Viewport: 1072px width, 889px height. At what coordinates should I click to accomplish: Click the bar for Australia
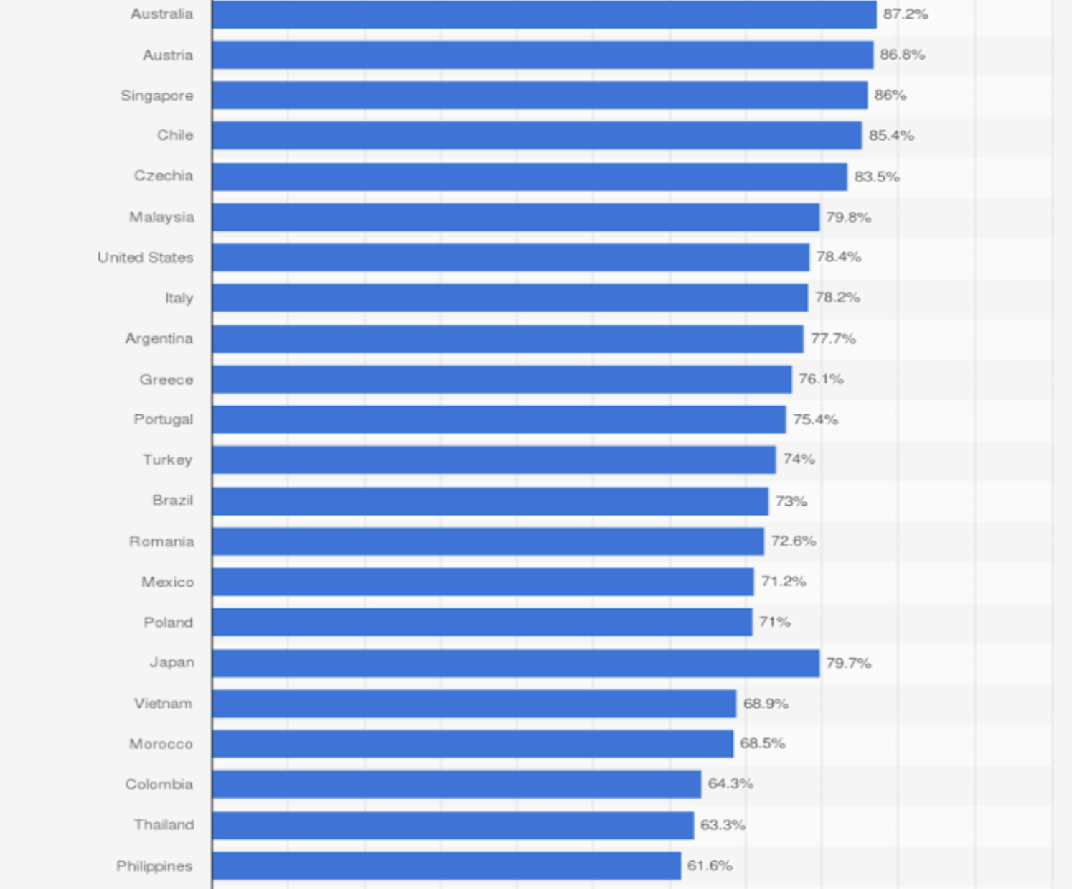click(544, 14)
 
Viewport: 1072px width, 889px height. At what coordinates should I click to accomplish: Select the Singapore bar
click(540, 95)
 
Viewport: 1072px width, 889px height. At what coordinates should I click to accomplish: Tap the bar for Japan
click(516, 663)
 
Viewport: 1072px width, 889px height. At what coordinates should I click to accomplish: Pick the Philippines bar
click(446, 866)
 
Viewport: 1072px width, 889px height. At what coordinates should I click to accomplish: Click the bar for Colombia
click(457, 784)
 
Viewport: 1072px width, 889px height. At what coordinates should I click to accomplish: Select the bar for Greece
click(502, 379)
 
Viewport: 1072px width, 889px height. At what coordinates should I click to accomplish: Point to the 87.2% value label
click(906, 14)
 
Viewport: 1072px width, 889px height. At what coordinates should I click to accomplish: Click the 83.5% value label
click(877, 177)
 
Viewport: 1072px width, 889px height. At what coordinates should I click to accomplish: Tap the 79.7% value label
click(849, 663)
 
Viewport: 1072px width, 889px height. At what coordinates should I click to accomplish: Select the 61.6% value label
click(710, 866)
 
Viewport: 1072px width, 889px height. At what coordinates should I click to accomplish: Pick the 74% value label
click(799, 459)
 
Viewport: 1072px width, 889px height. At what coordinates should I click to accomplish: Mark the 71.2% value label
click(784, 581)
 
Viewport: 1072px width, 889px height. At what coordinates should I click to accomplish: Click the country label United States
click(146, 258)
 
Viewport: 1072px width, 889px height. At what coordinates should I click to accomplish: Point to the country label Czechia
click(164, 176)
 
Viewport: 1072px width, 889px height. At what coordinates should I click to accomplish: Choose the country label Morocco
click(161, 744)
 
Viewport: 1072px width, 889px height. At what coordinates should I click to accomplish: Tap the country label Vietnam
click(164, 704)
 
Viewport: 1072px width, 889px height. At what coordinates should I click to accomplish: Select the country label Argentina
click(159, 339)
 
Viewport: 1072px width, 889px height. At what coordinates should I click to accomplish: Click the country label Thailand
click(164, 825)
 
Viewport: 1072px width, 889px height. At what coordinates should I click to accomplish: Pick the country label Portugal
click(164, 419)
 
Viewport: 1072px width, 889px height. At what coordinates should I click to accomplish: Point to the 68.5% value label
click(763, 743)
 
